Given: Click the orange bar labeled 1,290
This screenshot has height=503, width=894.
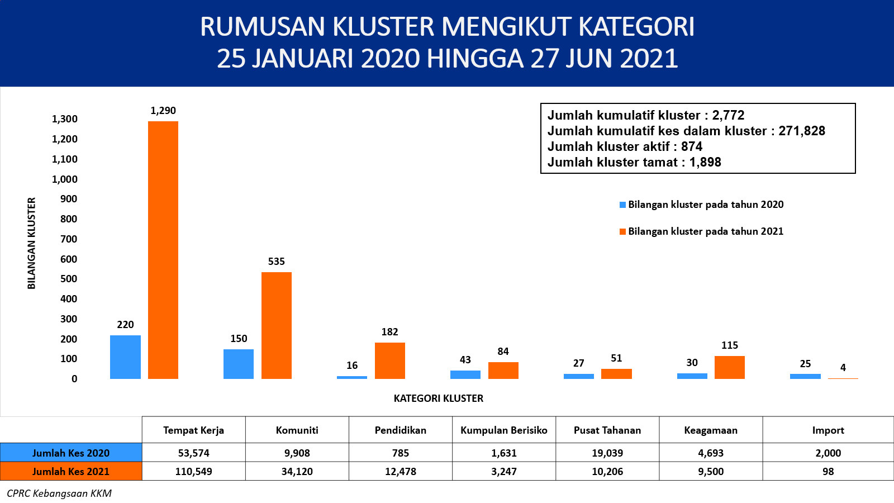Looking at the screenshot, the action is [163, 250].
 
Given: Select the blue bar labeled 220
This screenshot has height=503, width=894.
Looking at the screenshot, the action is [125, 357].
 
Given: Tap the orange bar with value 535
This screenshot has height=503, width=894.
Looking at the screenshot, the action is [277, 325].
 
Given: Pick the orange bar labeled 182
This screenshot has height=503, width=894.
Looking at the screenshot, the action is [390, 360].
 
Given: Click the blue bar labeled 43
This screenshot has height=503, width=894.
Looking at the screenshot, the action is [465, 374].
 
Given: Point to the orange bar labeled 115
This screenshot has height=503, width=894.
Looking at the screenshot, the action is [730, 367].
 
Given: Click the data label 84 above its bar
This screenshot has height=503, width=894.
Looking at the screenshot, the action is [503, 352].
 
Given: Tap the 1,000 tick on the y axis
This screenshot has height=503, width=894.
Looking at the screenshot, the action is [65, 179].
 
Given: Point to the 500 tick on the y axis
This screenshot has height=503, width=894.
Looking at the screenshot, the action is [69, 279].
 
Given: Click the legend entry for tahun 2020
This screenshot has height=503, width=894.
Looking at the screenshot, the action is [701, 205].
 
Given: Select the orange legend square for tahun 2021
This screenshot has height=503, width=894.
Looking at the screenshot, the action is [622, 231].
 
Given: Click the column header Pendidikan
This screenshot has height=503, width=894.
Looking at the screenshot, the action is [400, 430].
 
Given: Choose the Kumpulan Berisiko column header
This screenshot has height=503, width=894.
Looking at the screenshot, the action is [503, 430].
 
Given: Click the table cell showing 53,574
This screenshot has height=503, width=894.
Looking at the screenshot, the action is [193, 453].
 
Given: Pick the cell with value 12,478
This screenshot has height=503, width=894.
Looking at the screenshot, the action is [400, 472].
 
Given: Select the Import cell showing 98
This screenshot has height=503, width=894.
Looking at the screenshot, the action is [828, 472].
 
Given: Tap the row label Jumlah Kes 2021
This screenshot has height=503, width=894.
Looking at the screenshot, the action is [70, 472].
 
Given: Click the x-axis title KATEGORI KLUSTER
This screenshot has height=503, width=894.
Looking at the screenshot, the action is [438, 398].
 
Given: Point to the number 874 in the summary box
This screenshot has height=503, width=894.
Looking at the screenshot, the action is [692, 146].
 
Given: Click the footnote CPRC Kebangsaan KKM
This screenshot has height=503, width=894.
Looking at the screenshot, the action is [59, 493].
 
